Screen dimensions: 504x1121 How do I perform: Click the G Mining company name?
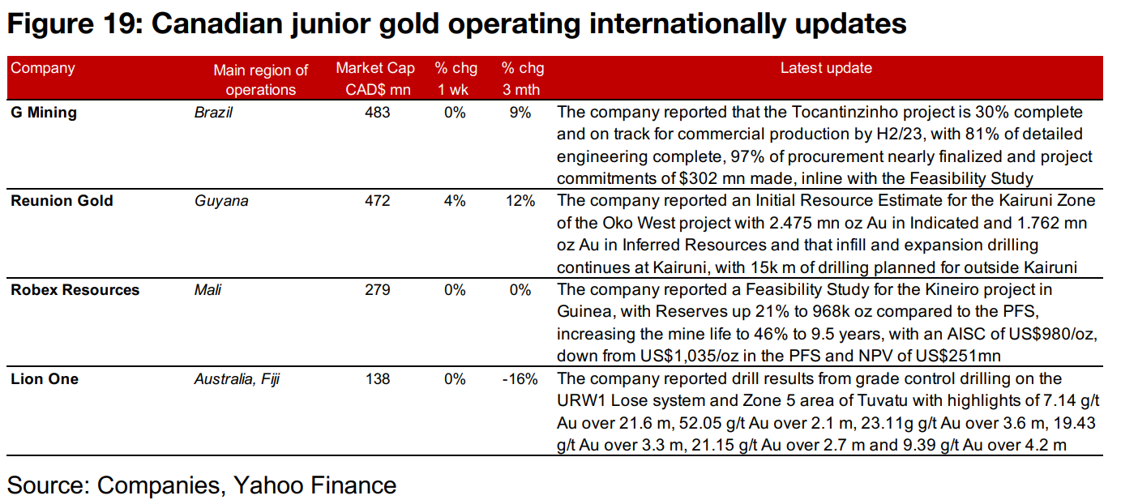click(x=44, y=113)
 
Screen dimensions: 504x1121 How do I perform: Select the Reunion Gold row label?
click(x=62, y=201)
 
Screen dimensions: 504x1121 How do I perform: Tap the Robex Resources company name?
click(x=75, y=290)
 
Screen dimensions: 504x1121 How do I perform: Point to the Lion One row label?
click(x=45, y=378)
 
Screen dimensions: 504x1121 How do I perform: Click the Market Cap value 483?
click(x=377, y=113)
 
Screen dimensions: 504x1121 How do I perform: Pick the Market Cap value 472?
click(x=377, y=201)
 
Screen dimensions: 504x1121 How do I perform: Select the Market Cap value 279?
click(x=377, y=290)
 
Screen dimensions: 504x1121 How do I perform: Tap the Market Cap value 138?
click(x=377, y=378)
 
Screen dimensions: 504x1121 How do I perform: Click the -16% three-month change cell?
click(x=520, y=378)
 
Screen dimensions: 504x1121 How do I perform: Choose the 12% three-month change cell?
click(x=520, y=201)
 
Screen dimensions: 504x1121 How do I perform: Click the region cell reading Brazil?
click(x=213, y=113)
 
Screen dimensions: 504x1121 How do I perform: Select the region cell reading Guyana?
click(x=220, y=201)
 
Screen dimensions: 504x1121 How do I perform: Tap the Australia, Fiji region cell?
click(x=237, y=378)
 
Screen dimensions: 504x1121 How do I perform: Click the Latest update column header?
click(x=826, y=69)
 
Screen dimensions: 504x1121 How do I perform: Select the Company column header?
click(x=42, y=69)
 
